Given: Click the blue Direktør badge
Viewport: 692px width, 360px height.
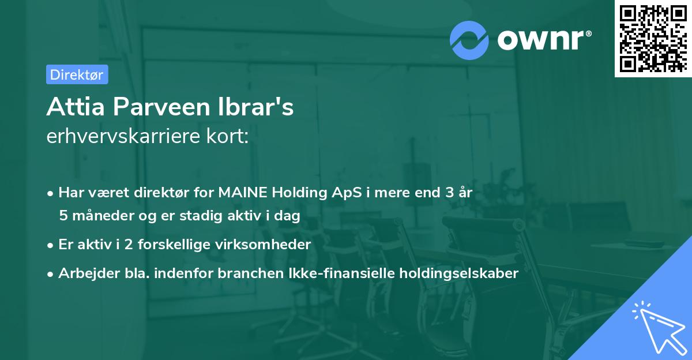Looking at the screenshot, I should [77, 74].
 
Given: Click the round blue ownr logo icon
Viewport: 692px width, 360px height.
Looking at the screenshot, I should [469, 40].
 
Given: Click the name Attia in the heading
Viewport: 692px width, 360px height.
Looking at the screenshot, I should [71, 107].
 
